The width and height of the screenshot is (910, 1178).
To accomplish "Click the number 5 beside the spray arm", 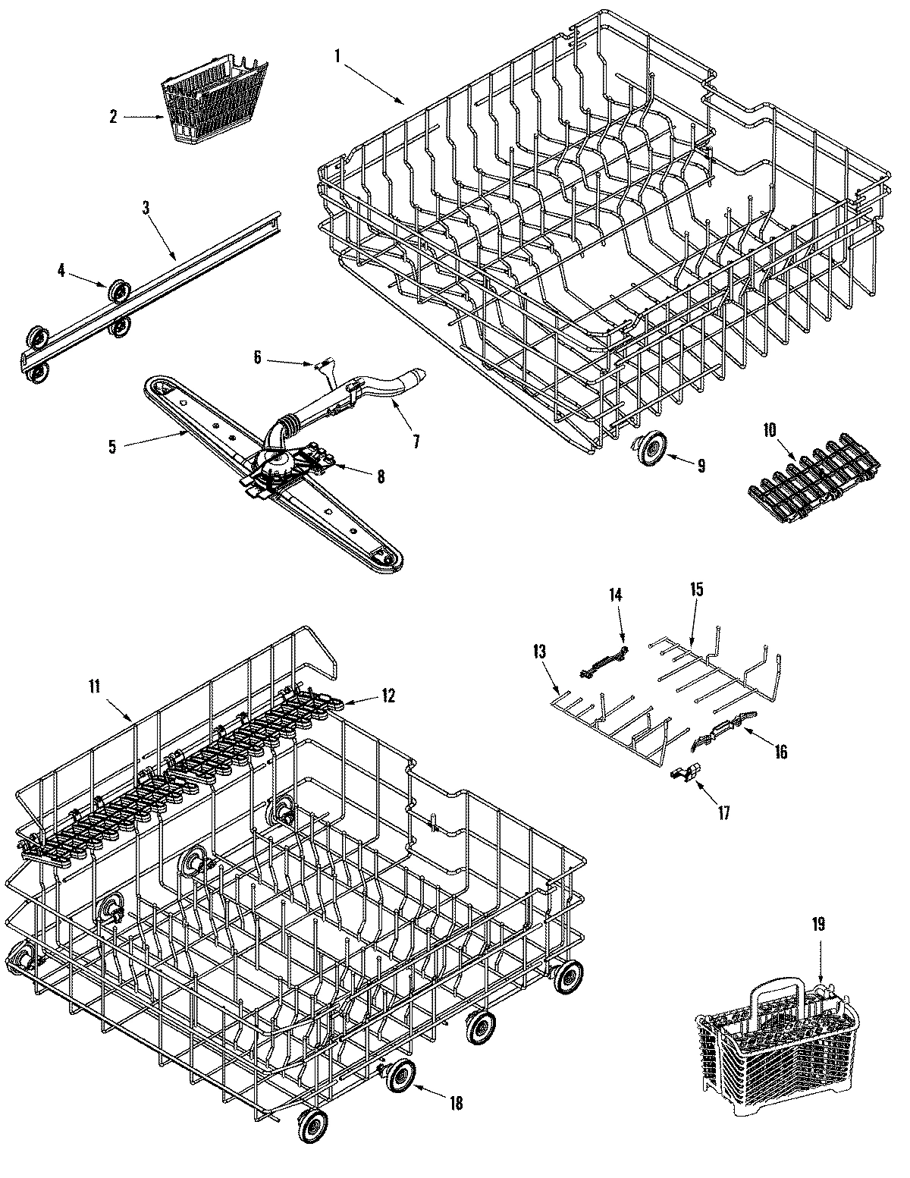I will click(112, 446).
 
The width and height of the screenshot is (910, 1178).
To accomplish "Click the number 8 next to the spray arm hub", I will click(380, 476).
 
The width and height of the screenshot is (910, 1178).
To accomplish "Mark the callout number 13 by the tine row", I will click(539, 652).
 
